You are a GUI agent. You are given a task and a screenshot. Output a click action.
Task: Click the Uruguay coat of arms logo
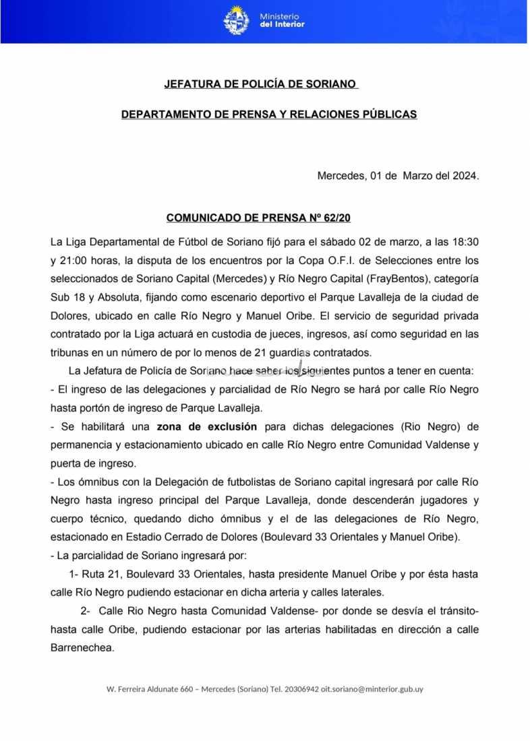(x=237, y=20)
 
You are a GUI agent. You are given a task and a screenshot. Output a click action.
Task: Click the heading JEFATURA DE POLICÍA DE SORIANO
(x=260, y=85)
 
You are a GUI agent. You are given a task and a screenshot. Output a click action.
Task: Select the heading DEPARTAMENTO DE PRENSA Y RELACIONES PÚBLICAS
(x=269, y=115)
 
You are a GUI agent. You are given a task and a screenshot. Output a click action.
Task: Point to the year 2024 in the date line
(x=464, y=176)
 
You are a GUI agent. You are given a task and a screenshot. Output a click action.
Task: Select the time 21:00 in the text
(x=74, y=259)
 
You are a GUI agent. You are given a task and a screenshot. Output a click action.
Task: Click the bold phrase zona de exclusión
(x=207, y=426)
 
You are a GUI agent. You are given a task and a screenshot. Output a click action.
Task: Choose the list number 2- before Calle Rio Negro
(x=85, y=611)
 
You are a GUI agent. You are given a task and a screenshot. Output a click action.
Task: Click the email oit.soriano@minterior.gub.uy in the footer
(x=372, y=689)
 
